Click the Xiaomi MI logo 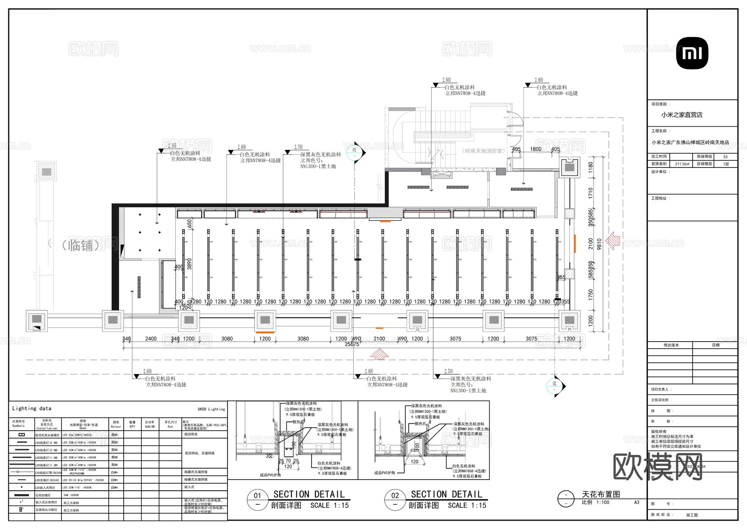tap(692, 53)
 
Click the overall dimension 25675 tap(352, 344)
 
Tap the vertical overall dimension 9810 tap(599, 244)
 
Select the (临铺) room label tap(81, 245)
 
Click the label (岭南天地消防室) tap(483, 151)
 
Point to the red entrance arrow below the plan tap(379, 354)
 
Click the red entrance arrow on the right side tap(613, 241)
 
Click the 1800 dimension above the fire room tap(535, 149)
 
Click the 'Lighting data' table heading tap(32, 408)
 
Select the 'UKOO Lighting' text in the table tap(211, 409)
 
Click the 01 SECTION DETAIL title tap(309, 495)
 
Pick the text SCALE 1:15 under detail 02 tap(467, 505)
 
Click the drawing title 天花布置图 tap(601, 494)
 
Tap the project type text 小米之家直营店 tap(681, 115)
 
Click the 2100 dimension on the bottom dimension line tap(379, 339)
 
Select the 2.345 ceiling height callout tap(172, 146)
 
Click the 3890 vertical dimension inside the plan tap(190, 263)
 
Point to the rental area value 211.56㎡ tap(682, 164)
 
